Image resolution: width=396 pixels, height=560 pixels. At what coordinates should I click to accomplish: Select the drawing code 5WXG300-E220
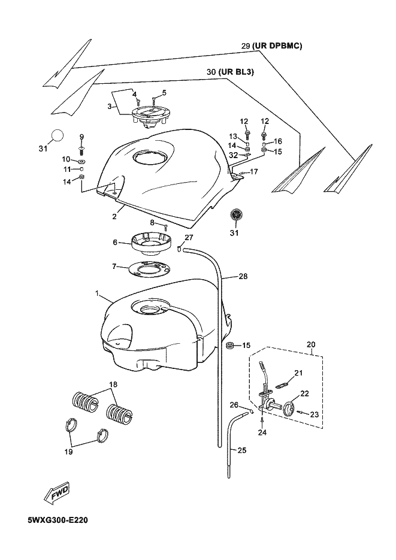[x=58, y=520]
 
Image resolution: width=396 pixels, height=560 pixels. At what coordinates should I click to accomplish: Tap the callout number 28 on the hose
[x=243, y=277]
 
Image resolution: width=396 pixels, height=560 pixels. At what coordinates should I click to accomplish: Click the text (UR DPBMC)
[x=277, y=46]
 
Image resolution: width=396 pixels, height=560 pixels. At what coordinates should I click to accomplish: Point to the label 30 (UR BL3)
[x=230, y=72]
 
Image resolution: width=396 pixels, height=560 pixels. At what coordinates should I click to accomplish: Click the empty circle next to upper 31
[x=58, y=135]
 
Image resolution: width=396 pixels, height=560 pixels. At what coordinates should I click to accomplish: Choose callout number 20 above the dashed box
[x=311, y=344]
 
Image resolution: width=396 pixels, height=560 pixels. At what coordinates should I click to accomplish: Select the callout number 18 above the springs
[x=114, y=385]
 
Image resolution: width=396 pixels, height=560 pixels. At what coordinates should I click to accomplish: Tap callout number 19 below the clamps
[x=68, y=452]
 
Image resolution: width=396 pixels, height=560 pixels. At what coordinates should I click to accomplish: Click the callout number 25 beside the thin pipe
[x=242, y=450]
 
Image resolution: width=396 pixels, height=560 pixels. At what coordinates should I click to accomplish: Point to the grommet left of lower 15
[x=230, y=346]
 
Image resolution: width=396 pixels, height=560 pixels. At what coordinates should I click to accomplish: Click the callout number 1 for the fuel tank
[x=97, y=293]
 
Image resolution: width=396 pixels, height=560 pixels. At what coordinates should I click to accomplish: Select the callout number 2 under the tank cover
[x=114, y=216]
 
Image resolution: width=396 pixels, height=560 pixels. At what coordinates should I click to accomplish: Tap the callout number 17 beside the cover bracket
[x=253, y=172]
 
